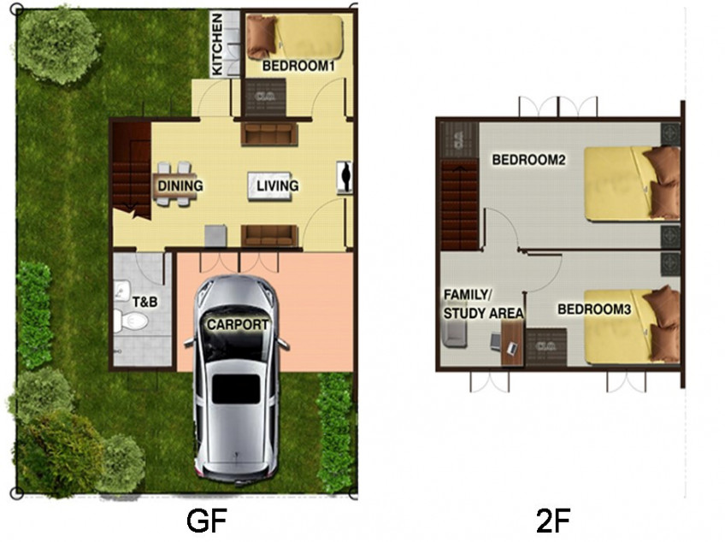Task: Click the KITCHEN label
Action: (217, 44)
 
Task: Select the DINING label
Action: (180, 186)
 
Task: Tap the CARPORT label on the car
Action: (236, 325)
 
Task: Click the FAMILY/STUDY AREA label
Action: (482, 303)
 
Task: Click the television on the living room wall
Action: (344, 177)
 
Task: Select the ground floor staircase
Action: (131, 167)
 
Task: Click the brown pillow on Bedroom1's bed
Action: (262, 37)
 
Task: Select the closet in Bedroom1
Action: (266, 97)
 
